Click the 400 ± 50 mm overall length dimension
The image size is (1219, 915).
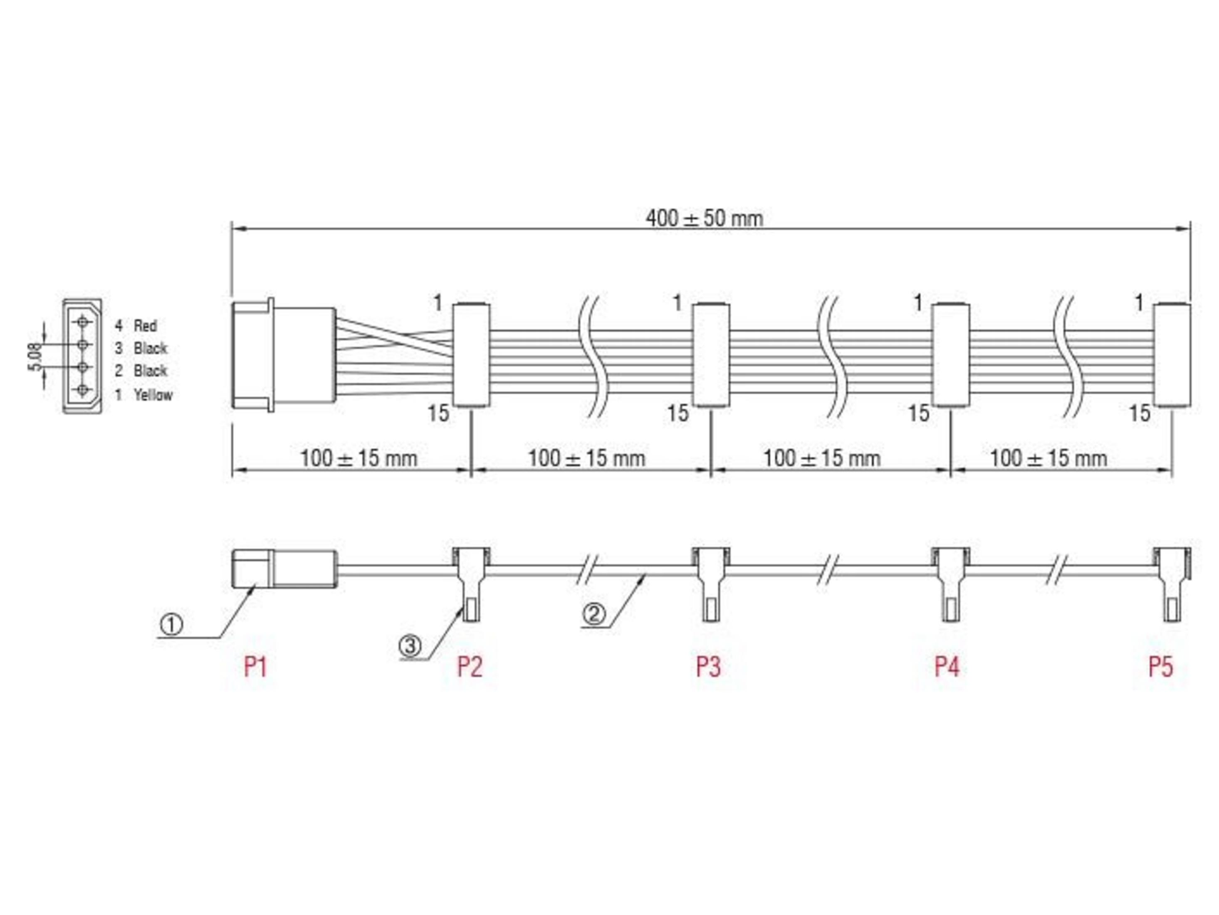(x=704, y=218)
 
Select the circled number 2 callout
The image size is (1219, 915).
(x=593, y=613)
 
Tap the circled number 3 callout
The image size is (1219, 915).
(x=410, y=645)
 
